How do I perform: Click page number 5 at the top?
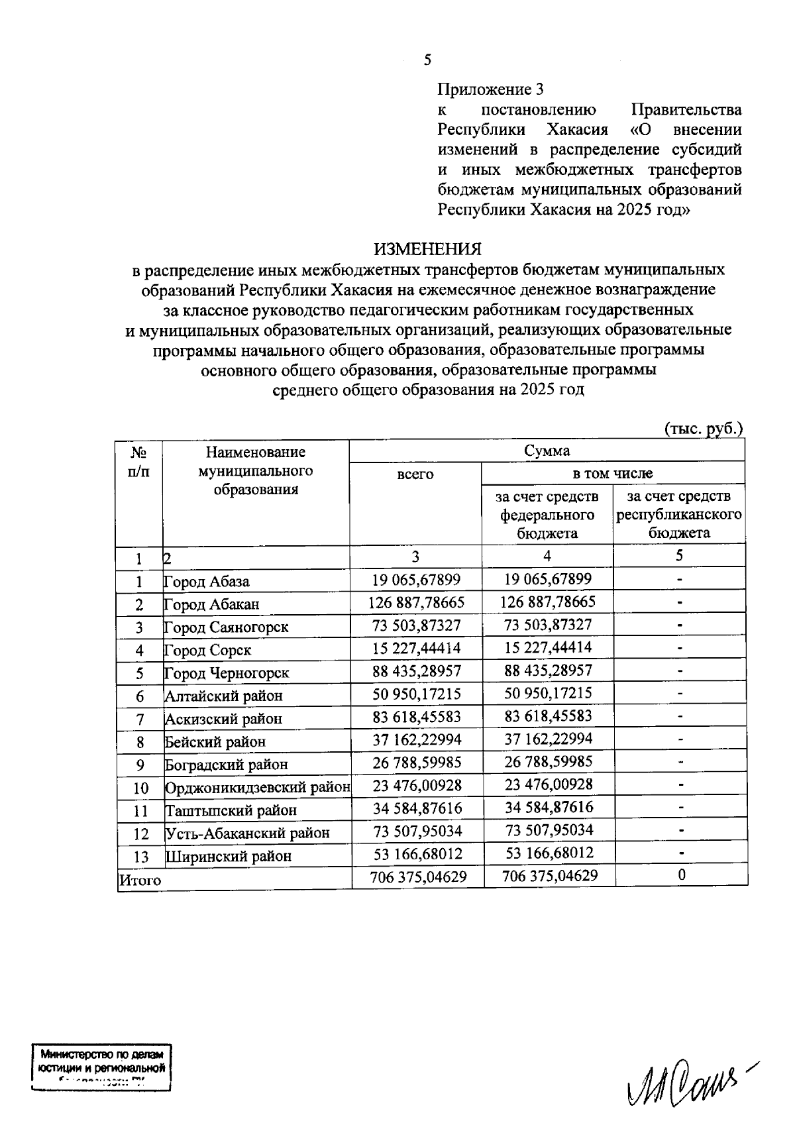pyautogui.click(x=427, y=60)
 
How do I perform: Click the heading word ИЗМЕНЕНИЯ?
pyautogui.click(x=428, y=249)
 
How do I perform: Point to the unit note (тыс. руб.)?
pyautogui.click(x=703, y=429)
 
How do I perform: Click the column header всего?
pyautogui.click(x=415, y=474)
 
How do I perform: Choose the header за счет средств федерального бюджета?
pyautogui.click(x=547, y=515)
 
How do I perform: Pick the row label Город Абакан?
pyautogui.click(x=212, y=604)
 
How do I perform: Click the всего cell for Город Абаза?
pyautogui.click(x=416, y=580)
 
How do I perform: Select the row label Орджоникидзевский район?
pyautogui.click(x=257, y=788)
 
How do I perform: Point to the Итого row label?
pyautogui.click(x=140, y=881)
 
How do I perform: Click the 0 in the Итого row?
pyautogui.click(x=681, y=875)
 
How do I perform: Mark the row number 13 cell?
pyautogui.click(x=140, y=856)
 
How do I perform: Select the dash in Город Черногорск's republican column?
pyautogui.click(x=680, y=670)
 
